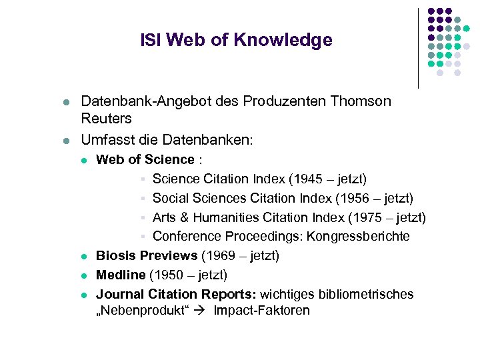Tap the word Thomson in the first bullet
pos(358,101)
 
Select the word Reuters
pos(107,119)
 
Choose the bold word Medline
pos(121,275)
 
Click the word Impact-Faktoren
pos(262,311)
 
